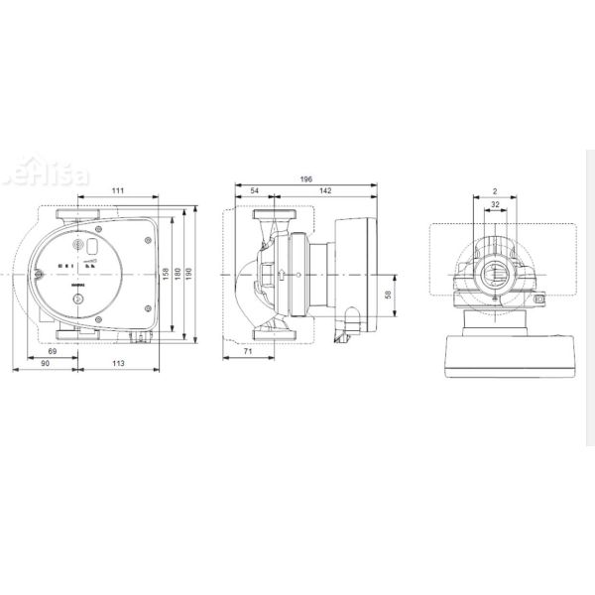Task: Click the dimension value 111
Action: (117, 189)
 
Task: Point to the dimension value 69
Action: (53, 352)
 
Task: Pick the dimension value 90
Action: (46, 365)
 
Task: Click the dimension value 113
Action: (117, 365)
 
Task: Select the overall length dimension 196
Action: (305, 178)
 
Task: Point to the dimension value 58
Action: (389, 295)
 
